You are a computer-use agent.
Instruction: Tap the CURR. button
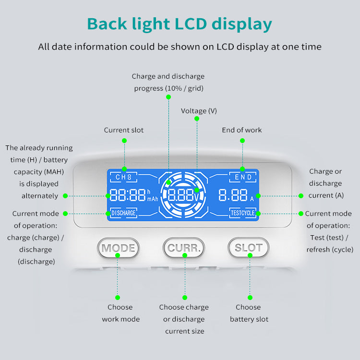184,248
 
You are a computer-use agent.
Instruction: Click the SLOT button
248,248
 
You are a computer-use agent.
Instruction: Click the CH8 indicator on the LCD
123,178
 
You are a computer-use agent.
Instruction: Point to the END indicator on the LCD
243,178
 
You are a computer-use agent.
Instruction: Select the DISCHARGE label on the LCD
124,213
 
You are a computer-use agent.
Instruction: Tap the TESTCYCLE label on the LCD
243,213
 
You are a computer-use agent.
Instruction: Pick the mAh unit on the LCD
153,199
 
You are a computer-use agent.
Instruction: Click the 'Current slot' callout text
124,130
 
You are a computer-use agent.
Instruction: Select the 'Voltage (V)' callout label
199,111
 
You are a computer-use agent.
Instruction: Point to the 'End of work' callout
242,130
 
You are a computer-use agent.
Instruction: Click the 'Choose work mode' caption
120,313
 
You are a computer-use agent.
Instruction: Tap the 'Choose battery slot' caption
249,313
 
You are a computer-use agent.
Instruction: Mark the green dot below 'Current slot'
124,141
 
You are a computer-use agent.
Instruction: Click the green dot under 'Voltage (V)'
197,121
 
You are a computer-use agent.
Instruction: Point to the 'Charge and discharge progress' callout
168,82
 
